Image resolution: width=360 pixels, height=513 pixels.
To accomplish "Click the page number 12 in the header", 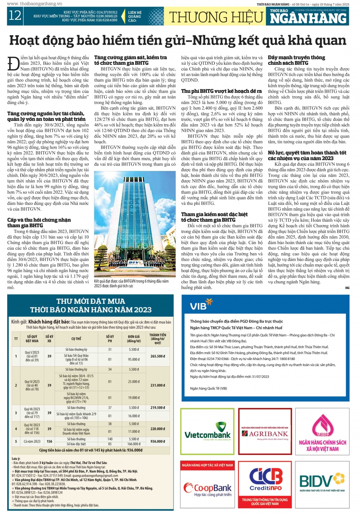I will tap(15, 16).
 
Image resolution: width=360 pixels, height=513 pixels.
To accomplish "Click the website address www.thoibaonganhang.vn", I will tap(35, 4).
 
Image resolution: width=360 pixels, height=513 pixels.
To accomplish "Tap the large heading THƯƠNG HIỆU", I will tap(216, 17).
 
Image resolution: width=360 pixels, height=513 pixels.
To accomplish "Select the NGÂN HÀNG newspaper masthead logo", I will tap(309, 17).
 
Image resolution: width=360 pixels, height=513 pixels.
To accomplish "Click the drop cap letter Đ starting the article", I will tap(13, 63).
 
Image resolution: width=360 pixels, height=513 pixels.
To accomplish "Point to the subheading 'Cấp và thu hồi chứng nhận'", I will tap(39, 220).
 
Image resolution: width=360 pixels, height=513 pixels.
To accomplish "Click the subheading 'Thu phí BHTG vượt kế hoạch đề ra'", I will tap(221, 91).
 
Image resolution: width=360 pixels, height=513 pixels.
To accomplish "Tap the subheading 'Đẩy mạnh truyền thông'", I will tap(296, 58).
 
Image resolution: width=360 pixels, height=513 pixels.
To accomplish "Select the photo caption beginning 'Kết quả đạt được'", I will tap(131, 283).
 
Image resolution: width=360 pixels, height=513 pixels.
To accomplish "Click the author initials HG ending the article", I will tap(347, 288).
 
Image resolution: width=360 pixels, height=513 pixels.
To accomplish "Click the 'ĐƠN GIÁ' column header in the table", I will tap(134, 339).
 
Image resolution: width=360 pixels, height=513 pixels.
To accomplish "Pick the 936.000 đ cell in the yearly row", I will tap(158, 441).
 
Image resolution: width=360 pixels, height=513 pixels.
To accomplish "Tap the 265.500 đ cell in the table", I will tap(158, 356).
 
